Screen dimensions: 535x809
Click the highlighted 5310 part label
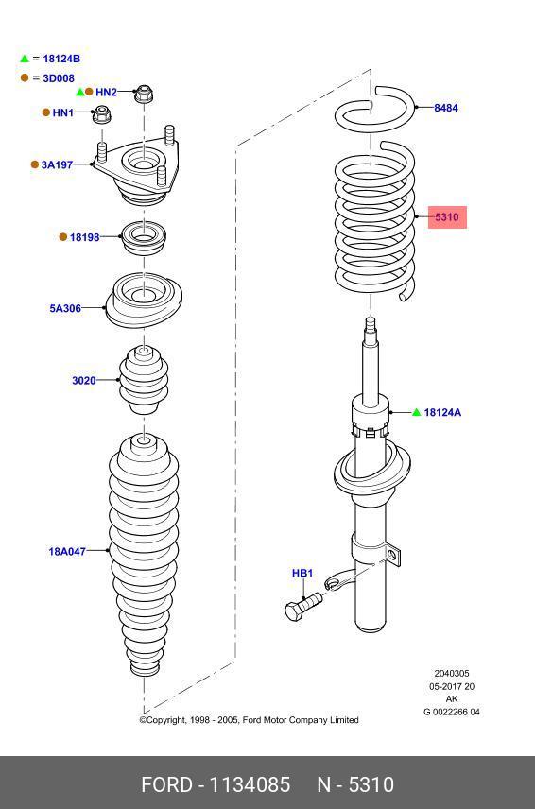pyautogui.click(x=447, y=216)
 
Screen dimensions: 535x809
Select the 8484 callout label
pyautogui.click(x=446, y=108)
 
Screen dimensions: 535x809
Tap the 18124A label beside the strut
pyautogui.click(x=442, y=412)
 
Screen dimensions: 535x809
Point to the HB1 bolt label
pyautogui.click(x=302, y=574)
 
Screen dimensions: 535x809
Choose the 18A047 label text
pyautogui.click(x=67, y=552)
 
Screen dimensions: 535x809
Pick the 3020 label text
pyautogui.click(x=83, y=381)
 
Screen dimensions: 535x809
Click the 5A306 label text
pyautogui.click(x=65, y=308)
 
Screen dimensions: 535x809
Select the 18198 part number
pyautogui.click(x=85, y=237)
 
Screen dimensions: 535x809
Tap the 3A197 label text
pyautogui.click(x=57, y=165)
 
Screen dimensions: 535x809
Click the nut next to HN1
pyautogui.click(x=102, y=114)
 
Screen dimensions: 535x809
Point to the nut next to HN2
pyautogui.click(x=144, y=94)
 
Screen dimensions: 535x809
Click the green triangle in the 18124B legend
pyautogui.click(x=25, y=59)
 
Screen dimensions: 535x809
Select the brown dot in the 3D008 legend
pyautogui.click(x=25, y=77)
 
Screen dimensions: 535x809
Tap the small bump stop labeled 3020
pyautogui.click(x=144, y=380)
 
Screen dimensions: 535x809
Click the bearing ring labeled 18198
pyautogui.click(x=144, y=238)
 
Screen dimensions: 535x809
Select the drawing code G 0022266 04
pyautogui.click(x=452, y=712)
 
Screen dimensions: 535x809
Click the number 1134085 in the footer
pyautogui.click(x=250, y=784)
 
